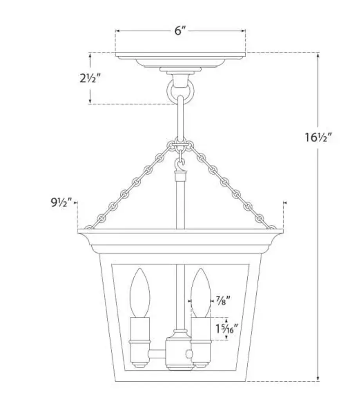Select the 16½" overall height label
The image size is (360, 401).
pyautogui.click(x=318, y=137)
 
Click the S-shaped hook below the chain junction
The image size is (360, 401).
pyautogui.click(x=180, y=165)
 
